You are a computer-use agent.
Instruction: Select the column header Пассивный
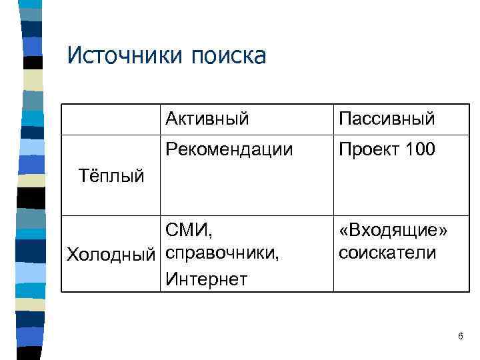pyautogui.click(x=387, y=119)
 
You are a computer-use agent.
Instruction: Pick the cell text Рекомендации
pyautogui.click(x=229, y=149)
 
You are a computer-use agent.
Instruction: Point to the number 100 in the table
pyautogui.click(x=420, y=149)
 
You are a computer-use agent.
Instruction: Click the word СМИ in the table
pyautogui.click(x=187, y=231)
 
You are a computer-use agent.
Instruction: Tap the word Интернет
pyautogui.click(x=207, y=277)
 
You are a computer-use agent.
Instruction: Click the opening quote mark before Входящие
pyautogui.click(x=343, y=231)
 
